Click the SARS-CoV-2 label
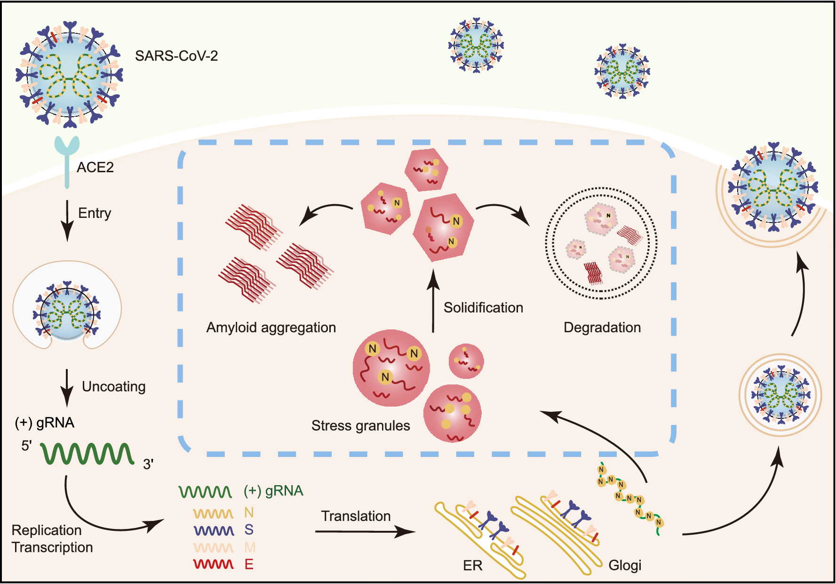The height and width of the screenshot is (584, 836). click(176, 56)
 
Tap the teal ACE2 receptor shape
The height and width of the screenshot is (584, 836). click(67, 160)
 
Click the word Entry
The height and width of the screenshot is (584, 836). click(95, 213)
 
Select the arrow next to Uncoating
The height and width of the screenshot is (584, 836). click(67, 387)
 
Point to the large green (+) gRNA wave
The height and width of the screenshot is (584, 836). click(87, 454)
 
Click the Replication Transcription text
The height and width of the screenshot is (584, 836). click(52, 539)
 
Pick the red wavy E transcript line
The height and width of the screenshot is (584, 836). click(213, 564)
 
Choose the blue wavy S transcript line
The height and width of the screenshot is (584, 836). click(214, 530)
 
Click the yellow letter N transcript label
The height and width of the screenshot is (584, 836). click(249, 512)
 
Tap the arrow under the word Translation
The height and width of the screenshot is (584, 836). click(365, 532)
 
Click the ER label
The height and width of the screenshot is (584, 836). click(472, 565)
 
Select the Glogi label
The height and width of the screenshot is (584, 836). click(624, 565)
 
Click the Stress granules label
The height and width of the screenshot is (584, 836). click(360, 426)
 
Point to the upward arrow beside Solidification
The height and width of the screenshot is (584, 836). click(433, 301)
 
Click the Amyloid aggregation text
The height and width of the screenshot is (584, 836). click(271, 328)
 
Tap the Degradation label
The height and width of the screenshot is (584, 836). click(602, 328)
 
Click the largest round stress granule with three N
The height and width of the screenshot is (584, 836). click(390, 368)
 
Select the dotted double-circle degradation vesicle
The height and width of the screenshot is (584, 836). click(601, 243)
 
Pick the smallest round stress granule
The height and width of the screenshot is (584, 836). click(466, 361)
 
